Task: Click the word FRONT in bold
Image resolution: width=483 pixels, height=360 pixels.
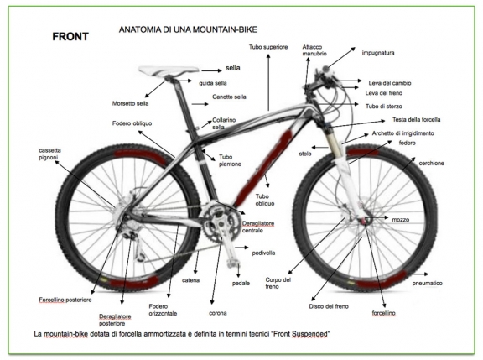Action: pos(70,37)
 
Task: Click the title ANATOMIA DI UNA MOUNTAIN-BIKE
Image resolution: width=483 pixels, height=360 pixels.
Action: pos(188,29)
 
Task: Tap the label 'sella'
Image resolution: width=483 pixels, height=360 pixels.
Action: pos(232,68)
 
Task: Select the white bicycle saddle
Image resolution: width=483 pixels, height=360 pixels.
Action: pos(169,71)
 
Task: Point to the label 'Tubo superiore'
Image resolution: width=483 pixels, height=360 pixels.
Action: pos(268,47)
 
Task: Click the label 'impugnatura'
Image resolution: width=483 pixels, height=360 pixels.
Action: pos(378,53)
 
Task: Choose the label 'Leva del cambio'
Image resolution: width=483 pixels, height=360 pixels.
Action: pos(390,83)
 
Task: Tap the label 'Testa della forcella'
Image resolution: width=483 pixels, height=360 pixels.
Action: pos(416,119)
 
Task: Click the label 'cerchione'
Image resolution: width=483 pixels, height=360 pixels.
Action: pos(431,163)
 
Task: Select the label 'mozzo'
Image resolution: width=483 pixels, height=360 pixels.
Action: pos(401,220)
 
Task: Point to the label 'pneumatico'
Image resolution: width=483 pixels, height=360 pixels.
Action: pos(428,284)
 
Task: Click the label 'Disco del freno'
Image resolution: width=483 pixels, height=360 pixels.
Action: pos(329,306)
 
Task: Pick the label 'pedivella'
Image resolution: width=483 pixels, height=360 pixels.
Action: pos(263,253)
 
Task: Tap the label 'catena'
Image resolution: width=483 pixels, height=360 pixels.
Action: pos(190,280)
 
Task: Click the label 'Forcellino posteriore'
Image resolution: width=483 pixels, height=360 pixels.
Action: pos(65,300)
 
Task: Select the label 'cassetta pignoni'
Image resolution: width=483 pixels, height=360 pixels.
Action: pos(50,154)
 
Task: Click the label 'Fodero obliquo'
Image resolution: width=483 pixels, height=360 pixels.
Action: pos(132,123)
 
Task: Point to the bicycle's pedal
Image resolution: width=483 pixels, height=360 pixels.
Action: pos(233,263)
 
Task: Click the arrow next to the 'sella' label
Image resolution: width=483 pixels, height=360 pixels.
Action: pos(211,70)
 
